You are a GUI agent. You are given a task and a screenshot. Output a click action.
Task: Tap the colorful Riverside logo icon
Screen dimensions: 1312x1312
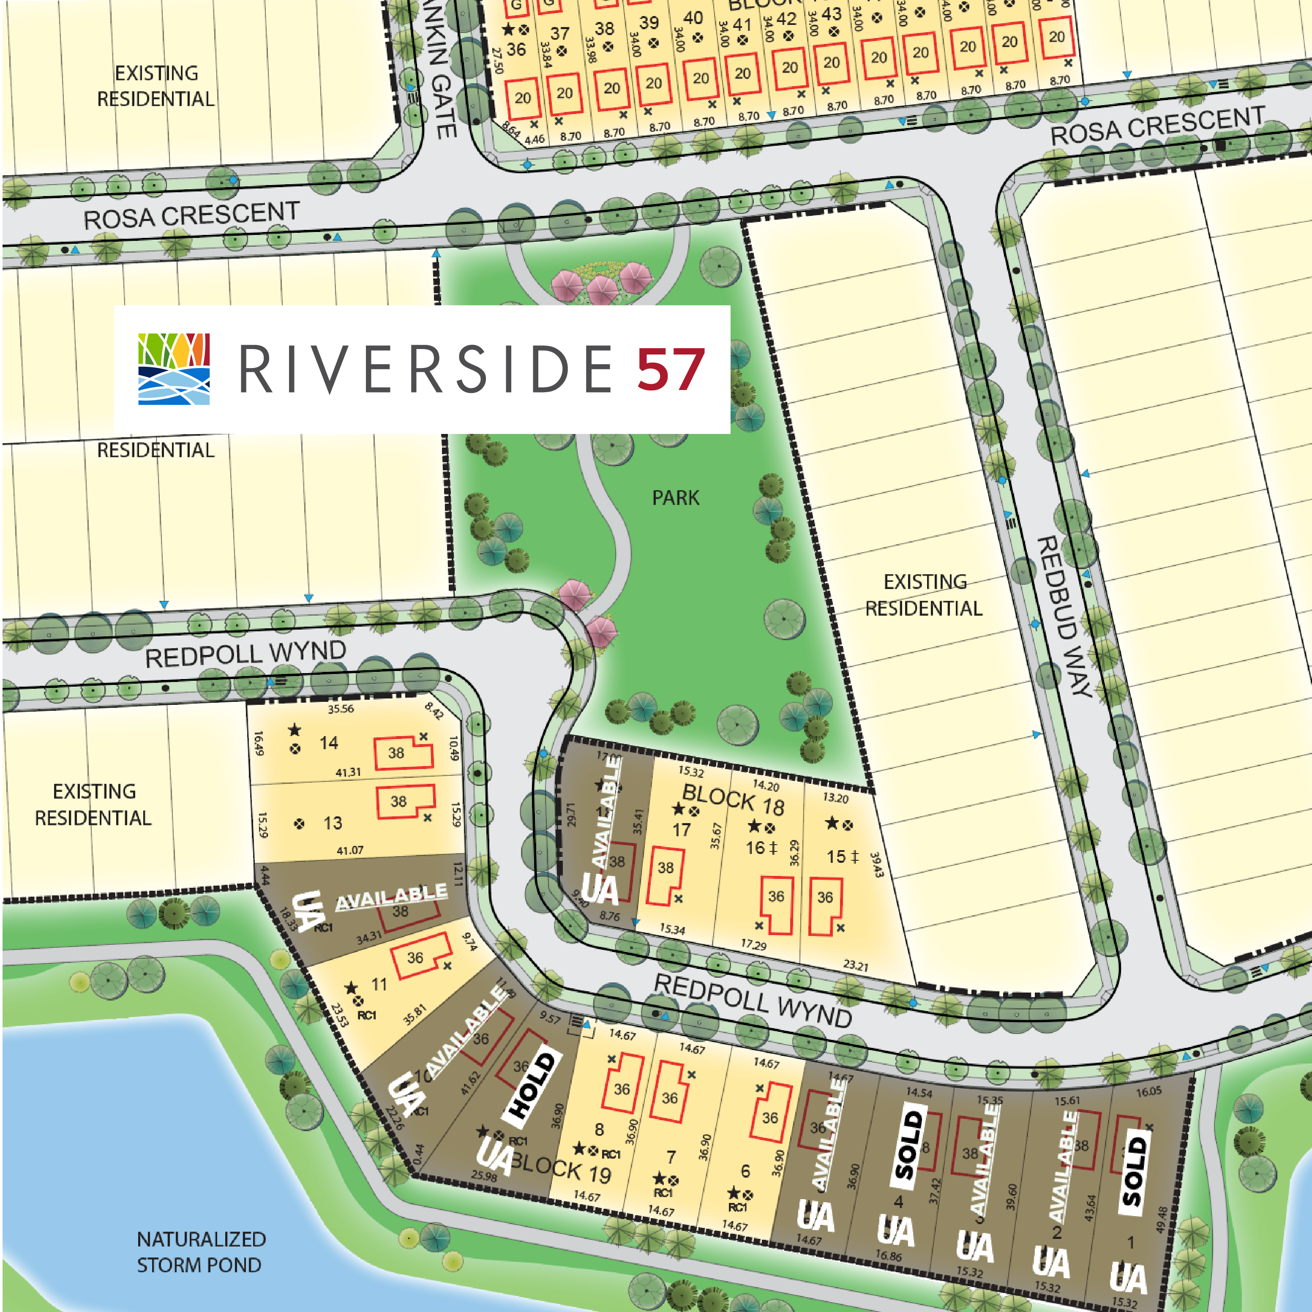[174, 369]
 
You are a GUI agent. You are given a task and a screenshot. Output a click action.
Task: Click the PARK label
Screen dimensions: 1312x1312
[675, 498]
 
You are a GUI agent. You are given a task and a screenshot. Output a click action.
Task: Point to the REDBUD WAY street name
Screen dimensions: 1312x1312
[1065, 616]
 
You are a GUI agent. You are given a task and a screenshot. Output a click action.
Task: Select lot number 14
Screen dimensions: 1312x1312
[329, 743]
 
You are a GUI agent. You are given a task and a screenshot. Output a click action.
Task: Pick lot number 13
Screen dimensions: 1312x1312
[332, 823]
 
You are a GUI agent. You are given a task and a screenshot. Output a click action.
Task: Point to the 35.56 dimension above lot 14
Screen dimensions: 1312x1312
[341, 709]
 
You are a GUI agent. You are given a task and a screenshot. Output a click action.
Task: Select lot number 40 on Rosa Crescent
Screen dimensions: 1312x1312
[693, 18]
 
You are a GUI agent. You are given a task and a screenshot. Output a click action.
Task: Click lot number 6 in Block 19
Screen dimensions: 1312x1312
[745, 1171]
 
